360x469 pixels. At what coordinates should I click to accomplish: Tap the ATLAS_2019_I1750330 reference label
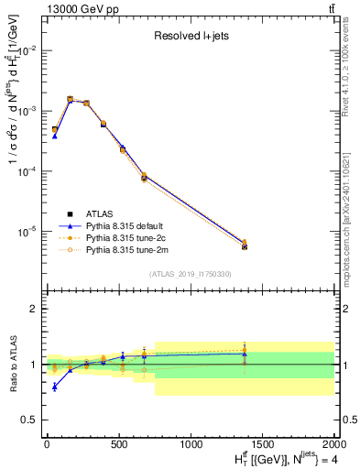tap(191, 274)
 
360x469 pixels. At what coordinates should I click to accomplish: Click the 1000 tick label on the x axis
tap(191, 442)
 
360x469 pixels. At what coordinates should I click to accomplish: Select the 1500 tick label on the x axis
tap(264, 442)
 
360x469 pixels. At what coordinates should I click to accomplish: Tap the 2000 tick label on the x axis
tap(335, 442)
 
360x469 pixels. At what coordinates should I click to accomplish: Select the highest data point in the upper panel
tap(70, 99)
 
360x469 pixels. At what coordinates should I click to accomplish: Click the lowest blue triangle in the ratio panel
tap(55, 387)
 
